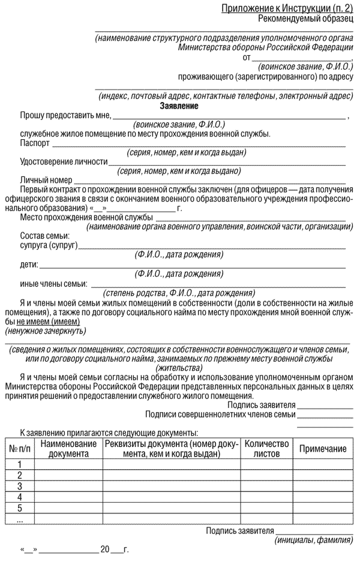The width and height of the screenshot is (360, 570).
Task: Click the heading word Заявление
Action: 179,106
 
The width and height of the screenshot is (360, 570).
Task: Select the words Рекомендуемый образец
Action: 306,19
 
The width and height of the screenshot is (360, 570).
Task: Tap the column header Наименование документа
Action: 68,449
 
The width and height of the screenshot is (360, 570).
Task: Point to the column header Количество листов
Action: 267,449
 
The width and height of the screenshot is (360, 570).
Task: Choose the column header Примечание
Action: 323,449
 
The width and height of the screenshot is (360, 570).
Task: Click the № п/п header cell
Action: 20,449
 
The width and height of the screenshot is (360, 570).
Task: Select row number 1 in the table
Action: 20,464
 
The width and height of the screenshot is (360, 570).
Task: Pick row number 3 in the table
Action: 20,486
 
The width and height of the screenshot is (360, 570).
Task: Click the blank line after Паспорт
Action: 198,146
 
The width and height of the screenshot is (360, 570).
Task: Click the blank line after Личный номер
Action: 210,180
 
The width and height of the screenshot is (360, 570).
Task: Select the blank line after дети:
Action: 192,265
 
